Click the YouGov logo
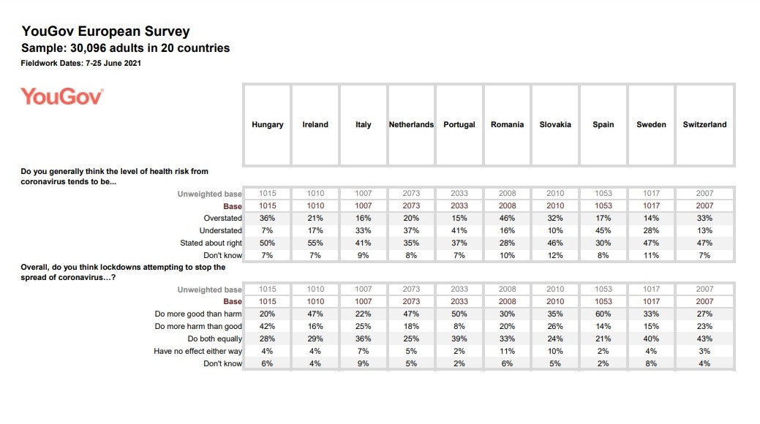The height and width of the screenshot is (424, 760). click(62, 96)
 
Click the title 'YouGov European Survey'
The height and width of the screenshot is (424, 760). click(105, 31)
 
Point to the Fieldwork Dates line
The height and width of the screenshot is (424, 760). click(81, 64)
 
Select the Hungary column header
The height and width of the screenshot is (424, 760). click(267, 124)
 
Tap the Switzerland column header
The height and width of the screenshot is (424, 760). click(704, 124)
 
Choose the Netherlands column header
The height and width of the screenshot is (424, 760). click(411, 124)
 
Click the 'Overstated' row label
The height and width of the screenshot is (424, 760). click(222, 218)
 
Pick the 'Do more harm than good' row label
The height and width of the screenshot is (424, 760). click(198, 326)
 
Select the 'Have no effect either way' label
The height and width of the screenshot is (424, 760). click(198, 351)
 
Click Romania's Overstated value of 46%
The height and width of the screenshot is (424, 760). click(507, 218)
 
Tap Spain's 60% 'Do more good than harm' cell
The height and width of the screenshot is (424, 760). click(603, 314)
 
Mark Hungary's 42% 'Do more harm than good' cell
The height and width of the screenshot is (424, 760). click(267, 326)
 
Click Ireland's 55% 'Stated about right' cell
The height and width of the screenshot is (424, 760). click(315, 243)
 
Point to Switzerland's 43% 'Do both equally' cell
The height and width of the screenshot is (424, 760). click(704, 338)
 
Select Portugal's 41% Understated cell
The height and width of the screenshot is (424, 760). click(459, 230)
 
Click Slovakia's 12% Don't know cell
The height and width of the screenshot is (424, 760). click(555, 255)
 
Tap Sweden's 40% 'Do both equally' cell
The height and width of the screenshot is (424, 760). click(651, 338)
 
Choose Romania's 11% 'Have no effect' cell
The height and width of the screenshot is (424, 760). click(507, 351)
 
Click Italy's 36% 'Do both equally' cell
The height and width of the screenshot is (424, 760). click(364, 338)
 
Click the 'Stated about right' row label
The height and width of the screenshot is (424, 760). click(211, 243)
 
